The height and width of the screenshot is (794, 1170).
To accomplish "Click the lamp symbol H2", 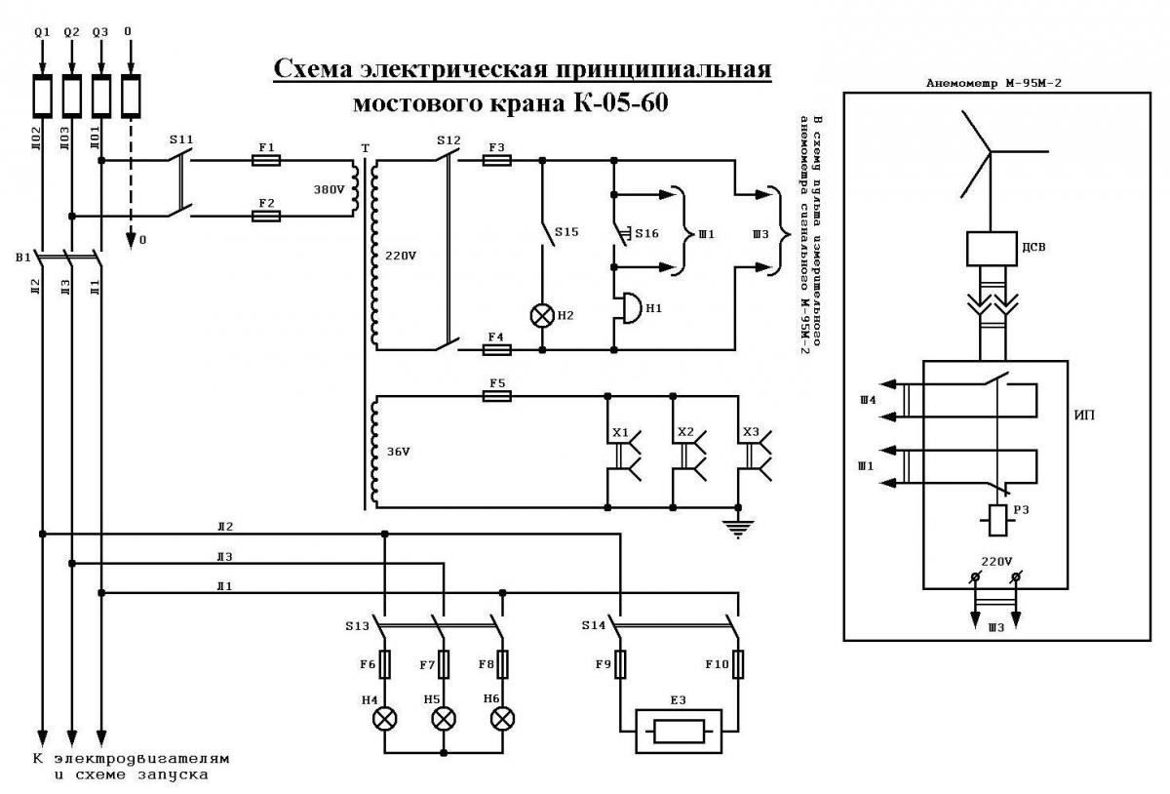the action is click(x=542, y=316).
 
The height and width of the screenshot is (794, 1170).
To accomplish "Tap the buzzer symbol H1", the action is click(x=631, y=307).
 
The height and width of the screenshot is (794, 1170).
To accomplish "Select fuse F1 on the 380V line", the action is click(x=266, y=161).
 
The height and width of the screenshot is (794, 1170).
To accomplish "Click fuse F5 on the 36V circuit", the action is click(x=496, y=397).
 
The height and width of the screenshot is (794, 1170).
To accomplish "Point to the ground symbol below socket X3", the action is click(x=737, y=529).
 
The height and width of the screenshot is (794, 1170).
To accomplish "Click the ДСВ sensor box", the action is click(x=992, y=249).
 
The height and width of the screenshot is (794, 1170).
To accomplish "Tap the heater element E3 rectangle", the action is click(x=679, y=731).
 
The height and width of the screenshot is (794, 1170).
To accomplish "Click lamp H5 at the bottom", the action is click(x=444, y=719).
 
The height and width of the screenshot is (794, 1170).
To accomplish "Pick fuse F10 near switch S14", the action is click(x=737, y=664).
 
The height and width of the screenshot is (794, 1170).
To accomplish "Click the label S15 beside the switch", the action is click(x=566, y=231).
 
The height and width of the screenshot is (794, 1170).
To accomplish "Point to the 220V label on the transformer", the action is click(x=401, y=257).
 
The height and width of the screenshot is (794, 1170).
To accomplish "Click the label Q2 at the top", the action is click(x=71, y=32).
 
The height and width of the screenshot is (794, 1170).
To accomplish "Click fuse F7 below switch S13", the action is click(x=444, y=664).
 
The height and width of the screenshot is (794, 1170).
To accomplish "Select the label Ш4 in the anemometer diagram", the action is click(x=868, y=400).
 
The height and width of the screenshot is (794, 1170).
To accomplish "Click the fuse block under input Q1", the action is click(x=42, y=97).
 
